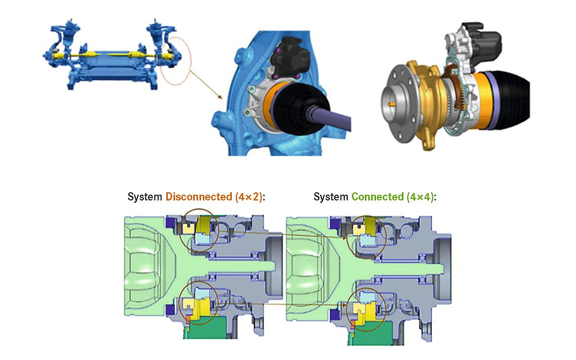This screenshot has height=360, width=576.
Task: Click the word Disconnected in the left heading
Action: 199,197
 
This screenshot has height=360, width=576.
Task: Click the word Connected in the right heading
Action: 377,197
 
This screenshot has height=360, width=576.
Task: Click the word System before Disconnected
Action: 145,197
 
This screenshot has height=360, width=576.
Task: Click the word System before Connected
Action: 331,197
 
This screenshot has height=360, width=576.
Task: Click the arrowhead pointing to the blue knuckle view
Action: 220,98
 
